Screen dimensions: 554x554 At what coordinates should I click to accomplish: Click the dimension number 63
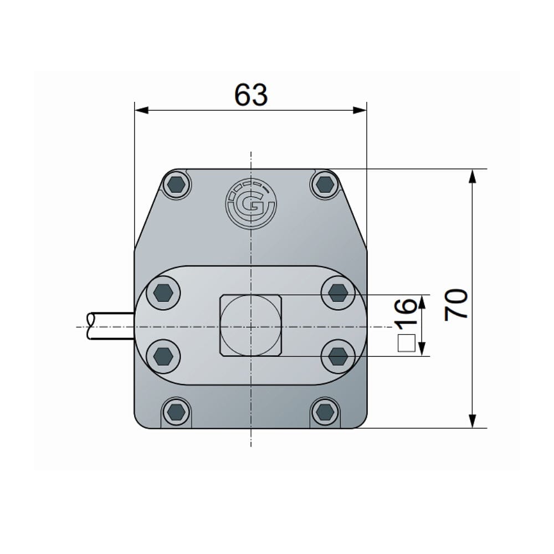(251, 95)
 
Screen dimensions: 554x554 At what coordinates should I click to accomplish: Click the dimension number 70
(456, 305)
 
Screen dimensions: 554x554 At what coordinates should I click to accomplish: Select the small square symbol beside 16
(406, 343)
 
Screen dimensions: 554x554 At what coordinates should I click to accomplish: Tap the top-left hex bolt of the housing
(176, 184)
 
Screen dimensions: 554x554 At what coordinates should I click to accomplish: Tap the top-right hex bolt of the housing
(325, 184)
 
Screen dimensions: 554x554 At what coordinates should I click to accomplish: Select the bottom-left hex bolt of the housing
(176, 412)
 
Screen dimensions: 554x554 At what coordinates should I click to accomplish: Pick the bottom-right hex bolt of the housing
(325, 412)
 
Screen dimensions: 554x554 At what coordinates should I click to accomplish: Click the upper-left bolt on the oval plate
(163, 293)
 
